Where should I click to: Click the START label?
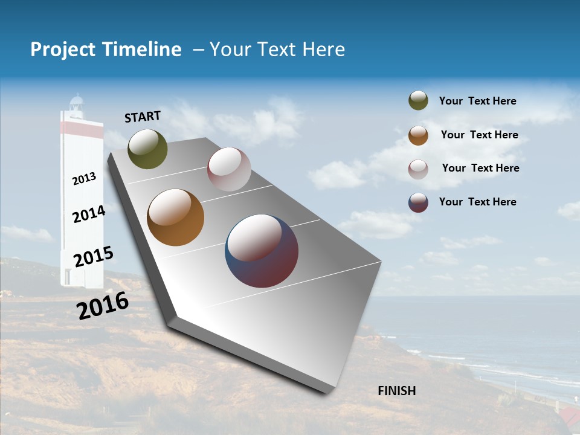pos(143,116)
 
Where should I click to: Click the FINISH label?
pos(396,391)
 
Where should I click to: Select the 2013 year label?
pos(84,178)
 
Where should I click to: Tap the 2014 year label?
pos(89,214)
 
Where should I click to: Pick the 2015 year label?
pos(93,257)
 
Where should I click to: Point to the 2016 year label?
pos(103,305)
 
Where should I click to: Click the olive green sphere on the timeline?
pos(147,149)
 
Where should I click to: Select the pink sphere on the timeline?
pos(229,169)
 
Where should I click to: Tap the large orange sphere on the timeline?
pos(175,217)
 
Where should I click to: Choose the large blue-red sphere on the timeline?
pos(262,251)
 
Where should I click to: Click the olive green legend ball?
pos(418,100)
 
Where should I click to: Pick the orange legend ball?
pos(418,135)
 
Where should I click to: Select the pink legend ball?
pos(418,169)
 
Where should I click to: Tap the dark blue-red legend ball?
pos(418,202)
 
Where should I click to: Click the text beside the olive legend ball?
pos(477,101)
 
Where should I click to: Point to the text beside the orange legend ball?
pos(479,135)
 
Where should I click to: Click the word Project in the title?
pos(63,50)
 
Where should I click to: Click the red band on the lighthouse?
pos(82,128)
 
